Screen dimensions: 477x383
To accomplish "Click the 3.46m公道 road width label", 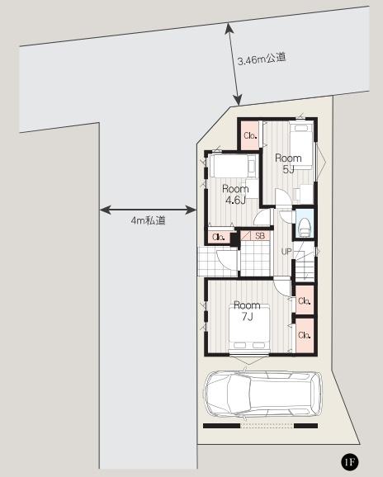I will click(x=262, y=59).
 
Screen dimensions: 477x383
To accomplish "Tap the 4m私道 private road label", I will click(x=149, y=220).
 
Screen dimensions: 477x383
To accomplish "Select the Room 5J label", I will click(x=289, y=163).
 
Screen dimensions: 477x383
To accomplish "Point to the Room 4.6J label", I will click(x=236, y=194).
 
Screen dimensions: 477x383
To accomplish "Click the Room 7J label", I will click(x=247, y=310).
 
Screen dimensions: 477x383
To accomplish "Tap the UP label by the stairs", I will click(x=286, y=251).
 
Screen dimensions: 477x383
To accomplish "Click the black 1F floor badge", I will click(x=350, y=460).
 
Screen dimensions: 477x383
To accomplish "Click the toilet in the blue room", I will click(x=303, y=226).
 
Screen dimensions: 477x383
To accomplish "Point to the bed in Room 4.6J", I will click(x=231, y=165).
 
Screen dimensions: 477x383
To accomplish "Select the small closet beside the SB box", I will click(x=219, y=238).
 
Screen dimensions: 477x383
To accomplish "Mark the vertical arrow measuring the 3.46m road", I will click(x=234, y=63).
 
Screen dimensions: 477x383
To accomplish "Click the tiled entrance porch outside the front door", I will click(x=216, y=262).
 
